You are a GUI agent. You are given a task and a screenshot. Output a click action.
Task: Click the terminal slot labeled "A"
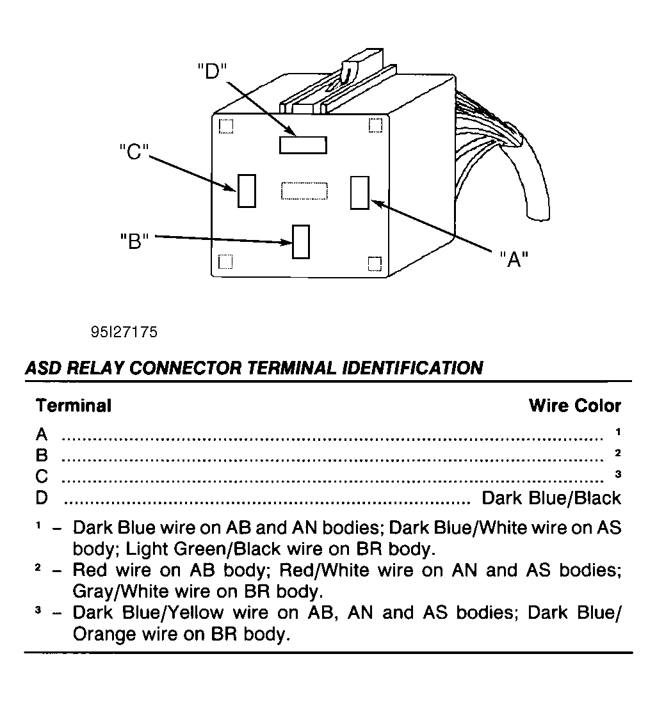(x=360, y=193)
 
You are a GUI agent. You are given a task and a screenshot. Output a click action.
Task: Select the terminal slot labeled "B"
(x=301, y=242)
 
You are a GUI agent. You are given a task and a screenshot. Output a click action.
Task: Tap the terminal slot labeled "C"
(x=247, y=191)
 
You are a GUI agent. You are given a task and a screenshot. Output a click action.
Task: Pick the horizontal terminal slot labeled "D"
(x=303, y=145)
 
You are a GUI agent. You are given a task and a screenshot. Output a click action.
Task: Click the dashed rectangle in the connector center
(x=304, y=191)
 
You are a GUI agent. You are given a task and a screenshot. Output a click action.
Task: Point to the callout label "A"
(x=514, y=259)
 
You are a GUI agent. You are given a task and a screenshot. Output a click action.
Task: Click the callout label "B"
(x=134, y=241)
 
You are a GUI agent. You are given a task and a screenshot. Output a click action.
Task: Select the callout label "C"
(x=134, y=152)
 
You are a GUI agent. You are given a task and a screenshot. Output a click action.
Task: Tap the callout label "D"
(x=213, y=71)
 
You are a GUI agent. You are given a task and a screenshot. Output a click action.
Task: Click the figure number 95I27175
(x=124, y=331)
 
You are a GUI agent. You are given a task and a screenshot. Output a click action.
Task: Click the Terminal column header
(x=74, y=406)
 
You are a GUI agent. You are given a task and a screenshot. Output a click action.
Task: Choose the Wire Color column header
(x=575, y=406)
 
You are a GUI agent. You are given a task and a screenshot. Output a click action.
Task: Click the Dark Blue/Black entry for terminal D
(x=551, y=498)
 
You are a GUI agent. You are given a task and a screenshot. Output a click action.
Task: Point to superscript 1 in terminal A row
(x=618, y=432)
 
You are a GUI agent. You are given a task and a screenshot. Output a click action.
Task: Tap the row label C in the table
(x=42, y=476)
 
